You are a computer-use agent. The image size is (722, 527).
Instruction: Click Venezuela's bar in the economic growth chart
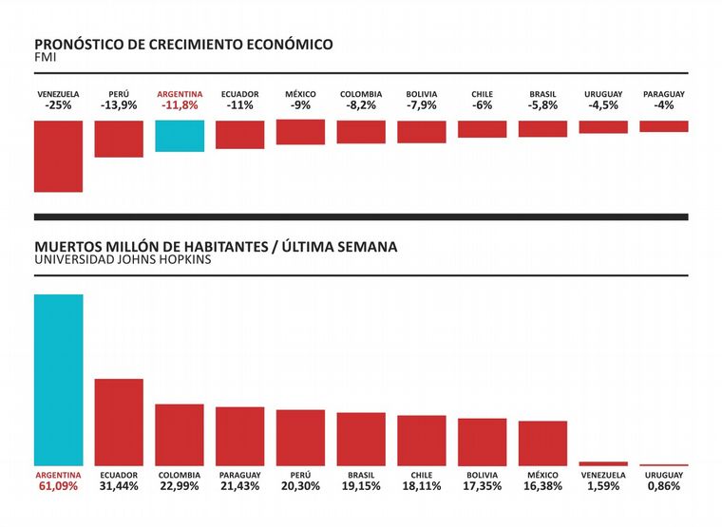point(58,156)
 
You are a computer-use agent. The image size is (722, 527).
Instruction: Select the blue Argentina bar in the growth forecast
point(180,136)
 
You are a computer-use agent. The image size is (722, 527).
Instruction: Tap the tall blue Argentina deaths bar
point(58,380)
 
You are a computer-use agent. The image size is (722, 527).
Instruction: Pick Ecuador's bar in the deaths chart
point(119,422)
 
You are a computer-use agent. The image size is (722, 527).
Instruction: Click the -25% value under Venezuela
point(58,105)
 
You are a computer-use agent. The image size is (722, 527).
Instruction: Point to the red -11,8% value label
point(180,105)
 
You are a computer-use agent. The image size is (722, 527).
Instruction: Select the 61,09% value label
point(58,486)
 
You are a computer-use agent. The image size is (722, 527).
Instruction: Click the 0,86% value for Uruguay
point(664,486)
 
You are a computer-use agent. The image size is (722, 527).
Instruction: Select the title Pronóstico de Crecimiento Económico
point(183,45)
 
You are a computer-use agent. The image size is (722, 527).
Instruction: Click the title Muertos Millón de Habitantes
point(216,246)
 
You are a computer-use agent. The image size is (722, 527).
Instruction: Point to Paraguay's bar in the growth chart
point(664,126)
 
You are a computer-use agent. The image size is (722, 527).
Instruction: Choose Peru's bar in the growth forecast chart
point(119,139)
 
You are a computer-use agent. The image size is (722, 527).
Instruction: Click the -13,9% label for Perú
point(119,105)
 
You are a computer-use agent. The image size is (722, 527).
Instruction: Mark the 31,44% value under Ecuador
point(119,486)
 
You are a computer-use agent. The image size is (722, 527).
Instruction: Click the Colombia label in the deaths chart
point(180,475)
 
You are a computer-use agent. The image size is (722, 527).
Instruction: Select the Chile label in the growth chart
point(482,94)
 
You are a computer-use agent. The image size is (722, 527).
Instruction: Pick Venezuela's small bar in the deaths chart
point(603,463)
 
